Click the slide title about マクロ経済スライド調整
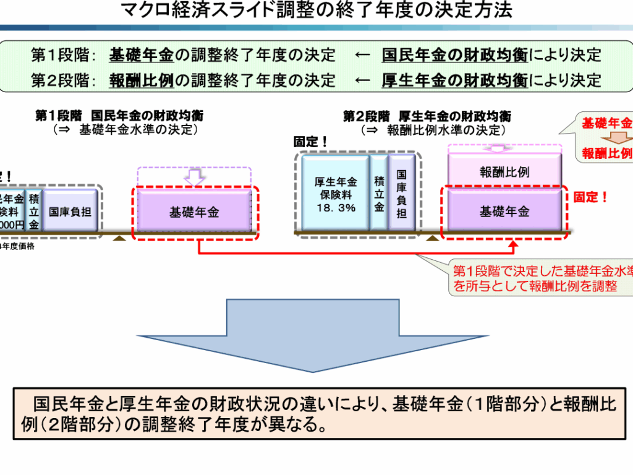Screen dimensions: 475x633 pos(316,11)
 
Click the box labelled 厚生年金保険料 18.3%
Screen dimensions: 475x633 pos(336,194)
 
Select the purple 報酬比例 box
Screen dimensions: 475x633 pos(504,171)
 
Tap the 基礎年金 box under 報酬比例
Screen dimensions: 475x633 pos(504,212)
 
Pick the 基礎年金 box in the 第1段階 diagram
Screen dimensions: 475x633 pos(195,213)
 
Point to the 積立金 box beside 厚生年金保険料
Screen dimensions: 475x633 pos(379,194)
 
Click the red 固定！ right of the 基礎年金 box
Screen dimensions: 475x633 pos(590,197)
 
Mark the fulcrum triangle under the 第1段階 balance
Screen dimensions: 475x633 pos(121,236)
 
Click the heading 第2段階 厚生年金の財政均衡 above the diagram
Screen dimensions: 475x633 pos(427,116)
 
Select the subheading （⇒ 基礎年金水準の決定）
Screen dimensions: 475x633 pos(125,129)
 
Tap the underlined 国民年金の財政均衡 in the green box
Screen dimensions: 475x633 pos(455,55)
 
